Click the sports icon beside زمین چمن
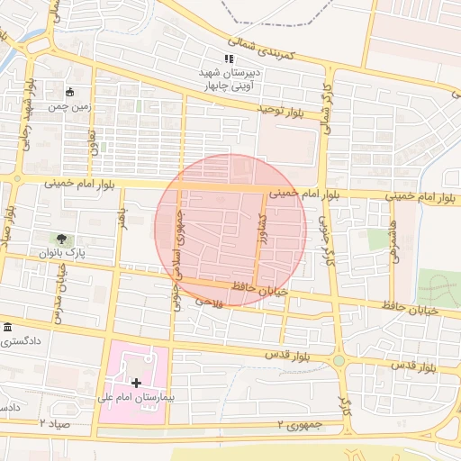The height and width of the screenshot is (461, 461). pos(70,92)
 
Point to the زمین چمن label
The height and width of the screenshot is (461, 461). pos(72,105)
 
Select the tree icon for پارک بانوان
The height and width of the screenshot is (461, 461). pos(60,239)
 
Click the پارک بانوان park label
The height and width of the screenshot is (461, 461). pos(61,254)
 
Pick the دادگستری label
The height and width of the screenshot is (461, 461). pos(19,341)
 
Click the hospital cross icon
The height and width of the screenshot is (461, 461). pos(136,382)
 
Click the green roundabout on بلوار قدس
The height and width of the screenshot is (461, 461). pos(339,361)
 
